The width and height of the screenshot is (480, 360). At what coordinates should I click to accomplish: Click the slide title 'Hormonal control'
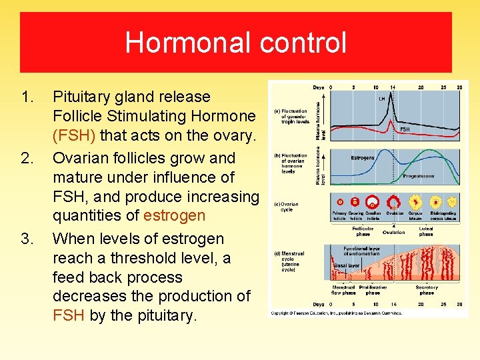(x=235, y=43)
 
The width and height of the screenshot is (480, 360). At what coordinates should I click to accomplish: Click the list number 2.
(x=27, y=158)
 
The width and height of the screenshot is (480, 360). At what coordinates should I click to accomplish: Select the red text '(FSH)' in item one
(x=74, y=135)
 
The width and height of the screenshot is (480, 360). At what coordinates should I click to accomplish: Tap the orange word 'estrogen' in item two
(x=174, y=216)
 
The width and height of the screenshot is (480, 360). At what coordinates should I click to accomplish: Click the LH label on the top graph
(x=381, y=99)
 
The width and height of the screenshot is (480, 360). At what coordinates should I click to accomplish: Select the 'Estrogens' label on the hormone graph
(x=363, y=158)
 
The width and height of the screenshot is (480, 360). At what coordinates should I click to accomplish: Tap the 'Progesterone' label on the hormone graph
(x=419, y=177)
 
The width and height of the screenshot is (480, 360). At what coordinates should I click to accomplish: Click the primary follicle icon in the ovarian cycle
(x=341, y=201)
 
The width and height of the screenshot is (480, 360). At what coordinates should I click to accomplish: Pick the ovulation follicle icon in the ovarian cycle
(x=394, y=201)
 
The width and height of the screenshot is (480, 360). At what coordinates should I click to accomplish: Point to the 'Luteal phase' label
(x=426, y=231)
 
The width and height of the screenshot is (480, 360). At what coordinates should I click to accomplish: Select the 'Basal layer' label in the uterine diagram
(x=346, y=265)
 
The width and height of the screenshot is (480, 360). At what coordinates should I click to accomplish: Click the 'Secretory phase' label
(x=427, y=290)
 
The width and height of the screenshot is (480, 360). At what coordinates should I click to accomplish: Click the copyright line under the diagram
(x=336, y=312)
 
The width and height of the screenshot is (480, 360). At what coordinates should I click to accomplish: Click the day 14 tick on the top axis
(x=393, y=87)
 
